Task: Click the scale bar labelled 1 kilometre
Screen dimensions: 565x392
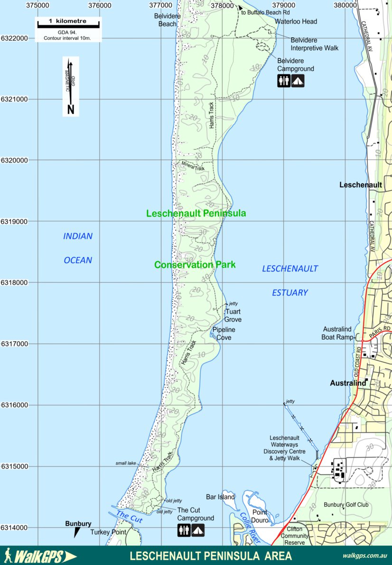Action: pyautogui.click(x=67, y=22)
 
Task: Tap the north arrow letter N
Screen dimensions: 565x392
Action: pyautogui.click(x=71, y=109)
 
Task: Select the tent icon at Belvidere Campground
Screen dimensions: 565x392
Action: pyautogui.click(x=298, y=81)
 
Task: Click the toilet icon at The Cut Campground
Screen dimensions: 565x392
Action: pyautogui.click(x=184, y=530)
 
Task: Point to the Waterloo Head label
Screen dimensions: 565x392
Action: pyautogui.click(x=296, y=21)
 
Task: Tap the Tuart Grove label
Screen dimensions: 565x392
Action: pyautogui.click(x=233, y=316)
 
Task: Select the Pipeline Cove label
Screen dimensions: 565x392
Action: pyautogui.click(x=224, y=334)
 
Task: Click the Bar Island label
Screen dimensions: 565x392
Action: pyautogui.click(x=220, y=497)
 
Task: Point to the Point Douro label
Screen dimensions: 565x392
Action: pyautogui.click(x=260, y=516)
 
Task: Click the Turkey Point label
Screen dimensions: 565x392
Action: pyautogui.click(x=108, y=532)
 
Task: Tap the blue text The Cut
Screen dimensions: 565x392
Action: pyautogui.click(x=129, y=517)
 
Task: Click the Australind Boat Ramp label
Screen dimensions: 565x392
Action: pyautogui.click(x=338, y=333)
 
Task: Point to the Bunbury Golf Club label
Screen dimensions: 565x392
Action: pyautogui.click(x=346, y=505)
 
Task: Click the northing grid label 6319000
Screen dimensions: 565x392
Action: pyautogui.click(x=14, y=221)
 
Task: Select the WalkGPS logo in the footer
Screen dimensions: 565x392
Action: pyautogui.click(x=39, y=556)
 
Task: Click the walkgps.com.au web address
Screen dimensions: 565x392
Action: pyautogui.click(x=364, y=556)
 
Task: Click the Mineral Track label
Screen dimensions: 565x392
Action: pyautogui.click(x=193, y=166)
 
